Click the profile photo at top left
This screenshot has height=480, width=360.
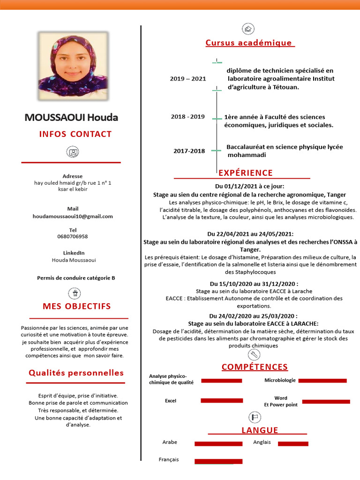(x=73, y=66)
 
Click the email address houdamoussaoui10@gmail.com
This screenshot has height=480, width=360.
(x=73, y=217)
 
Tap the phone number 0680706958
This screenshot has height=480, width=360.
(x=73, y=237)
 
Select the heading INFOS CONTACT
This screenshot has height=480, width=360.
(x=75, y=134)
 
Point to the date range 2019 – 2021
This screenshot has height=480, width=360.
(x=188, y=79)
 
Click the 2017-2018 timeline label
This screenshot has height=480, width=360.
(x=189, y=151)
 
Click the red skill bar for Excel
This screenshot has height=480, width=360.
(x=222, y=400)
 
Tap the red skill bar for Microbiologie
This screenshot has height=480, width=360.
(x=322, y=381)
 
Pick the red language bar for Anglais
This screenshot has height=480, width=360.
(x=293, y=443)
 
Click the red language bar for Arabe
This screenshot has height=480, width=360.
(x=212, y=443)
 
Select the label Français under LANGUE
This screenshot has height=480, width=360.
(x=169, y=459)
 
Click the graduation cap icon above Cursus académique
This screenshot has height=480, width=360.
(x=247, y=29)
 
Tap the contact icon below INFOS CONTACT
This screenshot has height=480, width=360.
(x=73, y=152)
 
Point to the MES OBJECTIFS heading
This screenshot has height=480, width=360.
(x=77, y=307)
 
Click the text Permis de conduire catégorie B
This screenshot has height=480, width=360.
(x=76, y=278)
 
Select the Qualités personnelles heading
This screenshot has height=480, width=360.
(x=76, y=373)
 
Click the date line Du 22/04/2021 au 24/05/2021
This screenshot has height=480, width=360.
(x=250, y=234)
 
